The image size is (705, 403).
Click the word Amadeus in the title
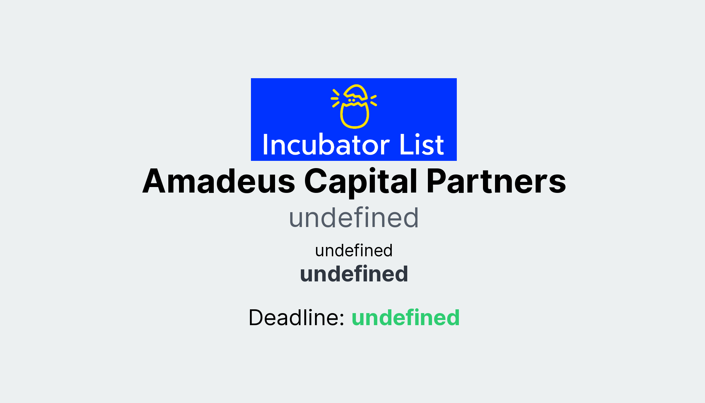(219, 181)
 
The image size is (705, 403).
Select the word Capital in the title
(361, 182)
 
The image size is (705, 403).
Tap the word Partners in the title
(496, 181)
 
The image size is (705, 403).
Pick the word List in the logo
(421, 145)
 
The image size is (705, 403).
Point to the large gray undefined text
(354, 218)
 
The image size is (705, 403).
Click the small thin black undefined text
(354, 250)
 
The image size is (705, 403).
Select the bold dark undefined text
(354, 274)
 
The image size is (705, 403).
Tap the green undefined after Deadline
(406, 317)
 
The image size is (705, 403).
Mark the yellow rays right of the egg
(373, 100)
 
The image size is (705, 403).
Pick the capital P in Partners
(436, 181)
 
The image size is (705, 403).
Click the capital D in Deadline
(257, 317)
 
